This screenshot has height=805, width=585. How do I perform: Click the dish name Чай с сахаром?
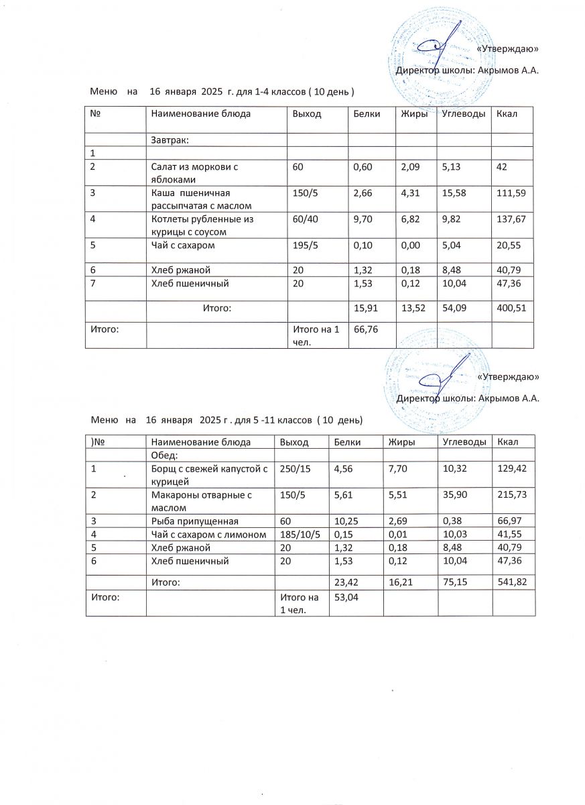(x=182, y=246)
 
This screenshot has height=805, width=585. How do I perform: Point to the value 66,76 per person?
(x=365, y=329)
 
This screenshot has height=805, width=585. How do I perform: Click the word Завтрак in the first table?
(x=170, y=140)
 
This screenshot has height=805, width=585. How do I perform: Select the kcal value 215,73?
(x=512, y=495)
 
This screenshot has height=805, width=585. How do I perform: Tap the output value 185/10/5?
(x=300, y=535)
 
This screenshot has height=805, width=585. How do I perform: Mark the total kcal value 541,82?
(x=512, y=583)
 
